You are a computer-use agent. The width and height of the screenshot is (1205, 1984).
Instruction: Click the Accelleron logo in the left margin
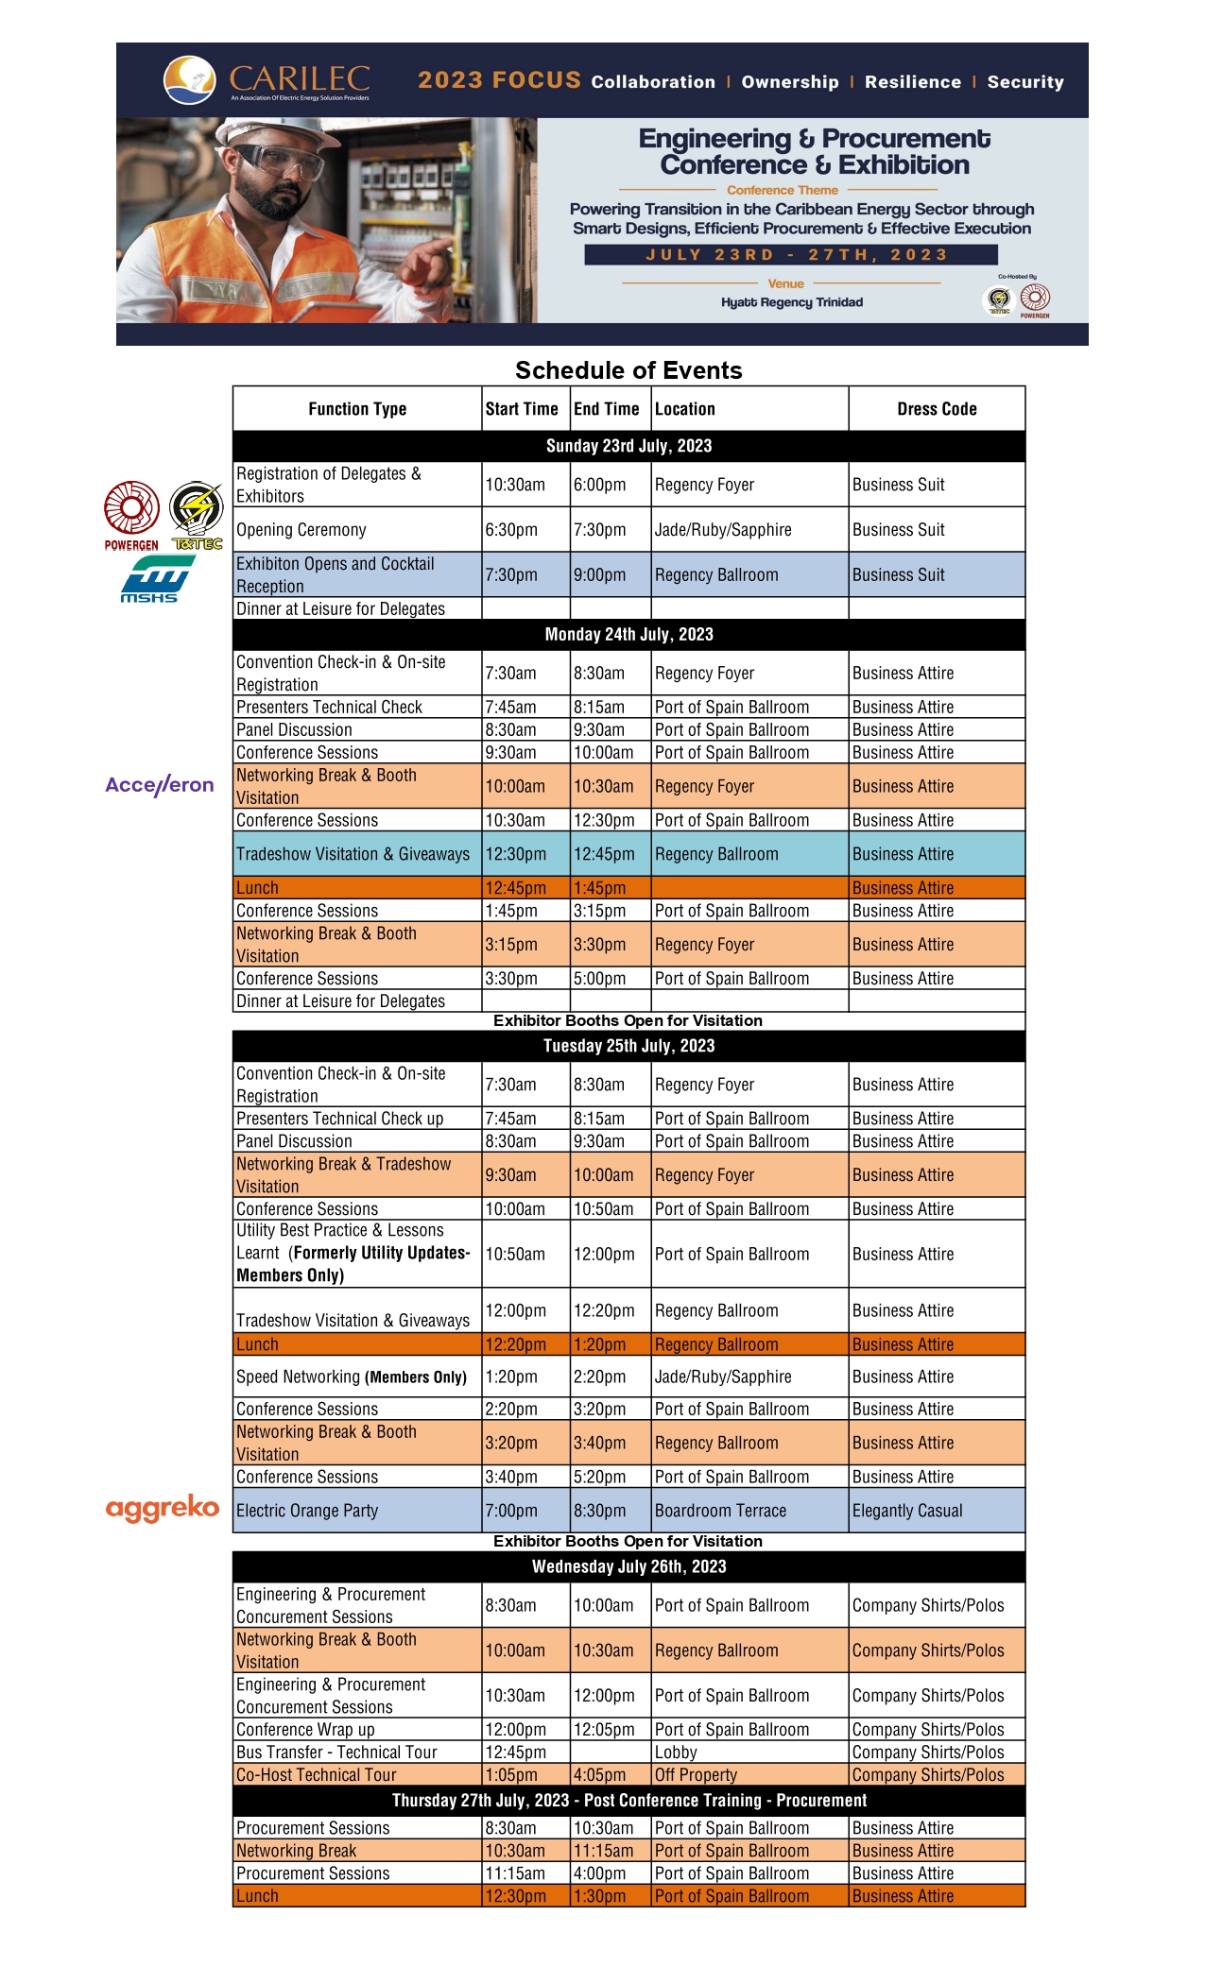[160, 785]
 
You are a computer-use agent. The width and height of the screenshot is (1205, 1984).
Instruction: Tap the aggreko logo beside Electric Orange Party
[163, 1508]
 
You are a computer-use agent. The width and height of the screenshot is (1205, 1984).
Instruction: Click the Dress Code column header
[936, 409]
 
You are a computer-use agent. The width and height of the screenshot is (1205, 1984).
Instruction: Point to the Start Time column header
[522, 409]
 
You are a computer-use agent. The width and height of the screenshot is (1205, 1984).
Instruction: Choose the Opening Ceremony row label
[301, 530]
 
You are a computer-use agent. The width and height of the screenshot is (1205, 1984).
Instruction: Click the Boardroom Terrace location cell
[720, 1511]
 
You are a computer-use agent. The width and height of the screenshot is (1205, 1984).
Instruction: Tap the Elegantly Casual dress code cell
[907, 1511]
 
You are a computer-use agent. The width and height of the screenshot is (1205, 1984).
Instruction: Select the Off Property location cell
[696, 1775]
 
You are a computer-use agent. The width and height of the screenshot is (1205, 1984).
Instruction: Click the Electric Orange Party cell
[307, 1511]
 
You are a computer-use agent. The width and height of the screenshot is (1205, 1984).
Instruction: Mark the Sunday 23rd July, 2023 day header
[628, 446]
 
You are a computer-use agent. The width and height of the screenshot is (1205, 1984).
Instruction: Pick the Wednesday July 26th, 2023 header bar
[628, 1566]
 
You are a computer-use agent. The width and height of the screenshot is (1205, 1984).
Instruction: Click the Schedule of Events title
[628, 370]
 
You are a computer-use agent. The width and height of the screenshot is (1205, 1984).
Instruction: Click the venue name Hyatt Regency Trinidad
[792, 302]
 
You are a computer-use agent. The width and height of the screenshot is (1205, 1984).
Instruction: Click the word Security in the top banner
[1025, 82]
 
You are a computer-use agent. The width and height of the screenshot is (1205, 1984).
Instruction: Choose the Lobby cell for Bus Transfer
[676, 1753]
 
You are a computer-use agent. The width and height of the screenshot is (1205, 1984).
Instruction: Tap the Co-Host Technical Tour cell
[317, 1775]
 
